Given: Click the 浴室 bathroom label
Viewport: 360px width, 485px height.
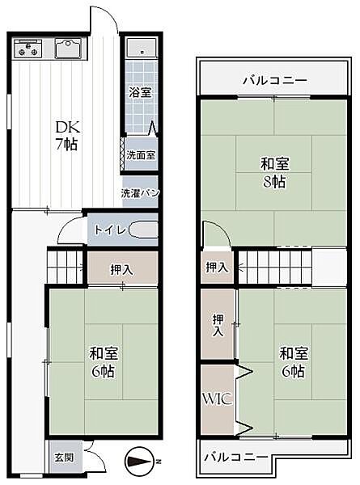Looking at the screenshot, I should point(141,92).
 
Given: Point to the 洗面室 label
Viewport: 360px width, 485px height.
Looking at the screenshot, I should point(141,154).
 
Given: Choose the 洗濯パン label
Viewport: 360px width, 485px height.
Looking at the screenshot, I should point(141,193).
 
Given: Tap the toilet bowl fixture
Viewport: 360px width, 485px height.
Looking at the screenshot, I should point(143,231).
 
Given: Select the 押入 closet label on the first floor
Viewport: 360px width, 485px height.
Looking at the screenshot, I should point(122,268).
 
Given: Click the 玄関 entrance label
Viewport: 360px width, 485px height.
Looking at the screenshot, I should point(64,457).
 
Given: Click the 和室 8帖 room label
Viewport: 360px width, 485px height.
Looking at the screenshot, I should point(274,172).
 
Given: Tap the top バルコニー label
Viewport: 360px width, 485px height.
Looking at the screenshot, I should point(274,81).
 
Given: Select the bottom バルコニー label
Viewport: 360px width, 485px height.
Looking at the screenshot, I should point(235,457).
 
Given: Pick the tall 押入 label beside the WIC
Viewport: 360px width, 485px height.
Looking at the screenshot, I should point(218,325).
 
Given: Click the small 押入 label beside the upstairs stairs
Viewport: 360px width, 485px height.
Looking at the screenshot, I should point(216,267).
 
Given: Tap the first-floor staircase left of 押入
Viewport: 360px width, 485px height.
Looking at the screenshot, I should point(66,266).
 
